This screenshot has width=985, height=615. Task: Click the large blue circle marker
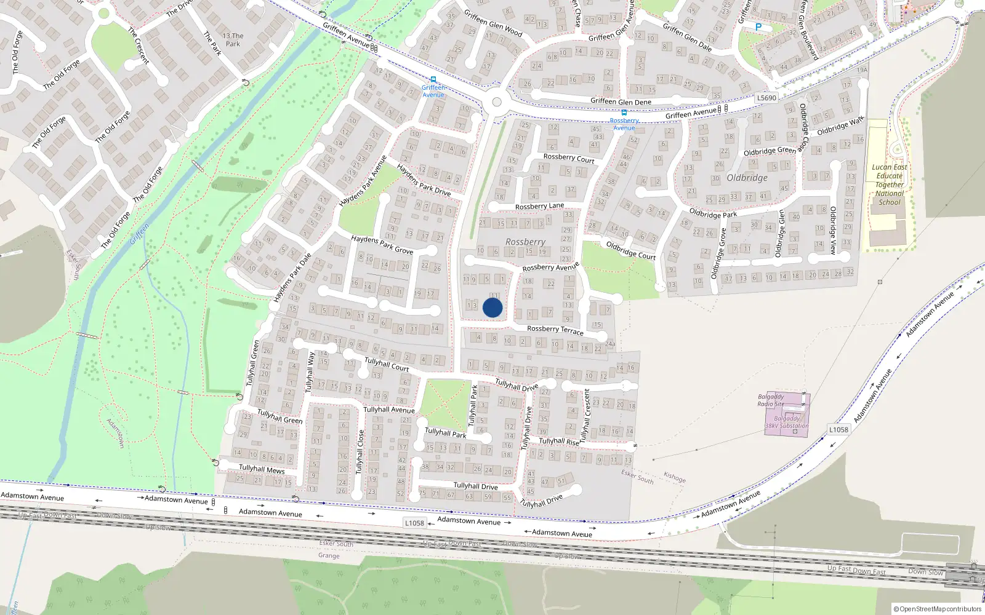[492, 307]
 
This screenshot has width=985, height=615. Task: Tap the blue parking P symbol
[758, 27]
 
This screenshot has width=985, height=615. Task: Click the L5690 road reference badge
[766, 98]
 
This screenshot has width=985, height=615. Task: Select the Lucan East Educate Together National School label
[890, 184]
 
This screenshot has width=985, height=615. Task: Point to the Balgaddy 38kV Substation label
[787, 422]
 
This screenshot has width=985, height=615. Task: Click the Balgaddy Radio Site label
[771, 400]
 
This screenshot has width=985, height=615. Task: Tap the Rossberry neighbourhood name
[525, 242]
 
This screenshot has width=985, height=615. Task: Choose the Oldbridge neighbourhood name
[747, 178]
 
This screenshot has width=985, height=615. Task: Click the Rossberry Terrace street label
[555, 330]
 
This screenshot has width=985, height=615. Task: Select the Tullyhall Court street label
[387, 364]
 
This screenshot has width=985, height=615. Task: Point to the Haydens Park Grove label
[382, 244]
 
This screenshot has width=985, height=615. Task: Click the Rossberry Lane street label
[539, 207]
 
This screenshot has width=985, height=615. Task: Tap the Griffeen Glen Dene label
[621, 101]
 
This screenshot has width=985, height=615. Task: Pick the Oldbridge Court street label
[630, 250]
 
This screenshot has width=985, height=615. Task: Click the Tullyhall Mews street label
[262, 469]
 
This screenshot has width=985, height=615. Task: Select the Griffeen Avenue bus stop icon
[433, 79]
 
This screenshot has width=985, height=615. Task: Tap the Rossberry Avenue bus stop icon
[624, 113]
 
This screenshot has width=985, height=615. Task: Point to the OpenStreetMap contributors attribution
[937, 609]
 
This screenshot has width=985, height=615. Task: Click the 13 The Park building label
[233, 40]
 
